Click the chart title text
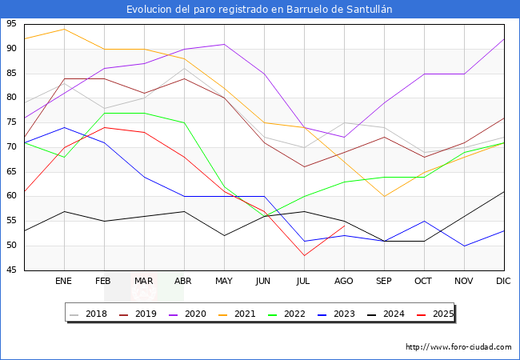point(260,9)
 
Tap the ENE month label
point(64,282)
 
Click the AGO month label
point(344,282)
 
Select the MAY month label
point(224,282)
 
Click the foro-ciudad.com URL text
point(458,347)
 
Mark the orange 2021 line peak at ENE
point(64,29)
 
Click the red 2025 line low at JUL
point(304,255)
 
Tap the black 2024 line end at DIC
point(504,191)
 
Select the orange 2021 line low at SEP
point(384,196)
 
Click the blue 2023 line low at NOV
point(464,246)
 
